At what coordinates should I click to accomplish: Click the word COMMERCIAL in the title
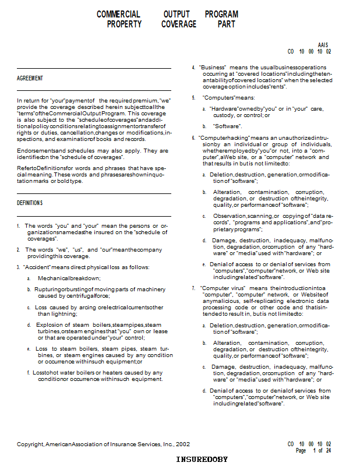[118, 14]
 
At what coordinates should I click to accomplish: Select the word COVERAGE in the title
[179, 24]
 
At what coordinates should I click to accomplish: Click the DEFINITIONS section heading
[30, 203]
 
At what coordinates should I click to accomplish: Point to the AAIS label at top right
[323, 45]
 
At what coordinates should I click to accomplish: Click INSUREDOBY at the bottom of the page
[202, 460]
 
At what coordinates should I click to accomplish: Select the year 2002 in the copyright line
[182, 444]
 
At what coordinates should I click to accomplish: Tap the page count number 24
[329, 450]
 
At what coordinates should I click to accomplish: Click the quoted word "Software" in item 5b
[224, 126]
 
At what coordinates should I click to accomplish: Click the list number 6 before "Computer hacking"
[193, 137]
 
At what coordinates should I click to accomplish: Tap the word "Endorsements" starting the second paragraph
[36, 150]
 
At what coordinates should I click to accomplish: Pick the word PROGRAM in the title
[221, 14]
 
